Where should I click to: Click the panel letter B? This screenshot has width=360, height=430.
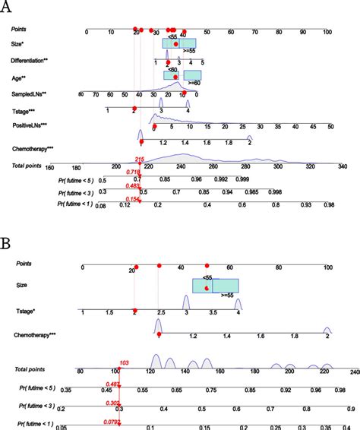pyautogui.click(x=6, y=245)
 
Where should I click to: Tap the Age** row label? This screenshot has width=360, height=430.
pyautogui.click(x=19, y=77)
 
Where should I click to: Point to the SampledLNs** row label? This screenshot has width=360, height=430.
pyautogui.click(x=30, y=94)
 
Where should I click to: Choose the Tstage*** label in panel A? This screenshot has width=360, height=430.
pyautogui.click(x=25, y=109)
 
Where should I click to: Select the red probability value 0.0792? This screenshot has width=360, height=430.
pyautogui.click(x=112, y=419)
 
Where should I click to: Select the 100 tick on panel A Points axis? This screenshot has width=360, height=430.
pyautogui.click(x=327, y=32)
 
